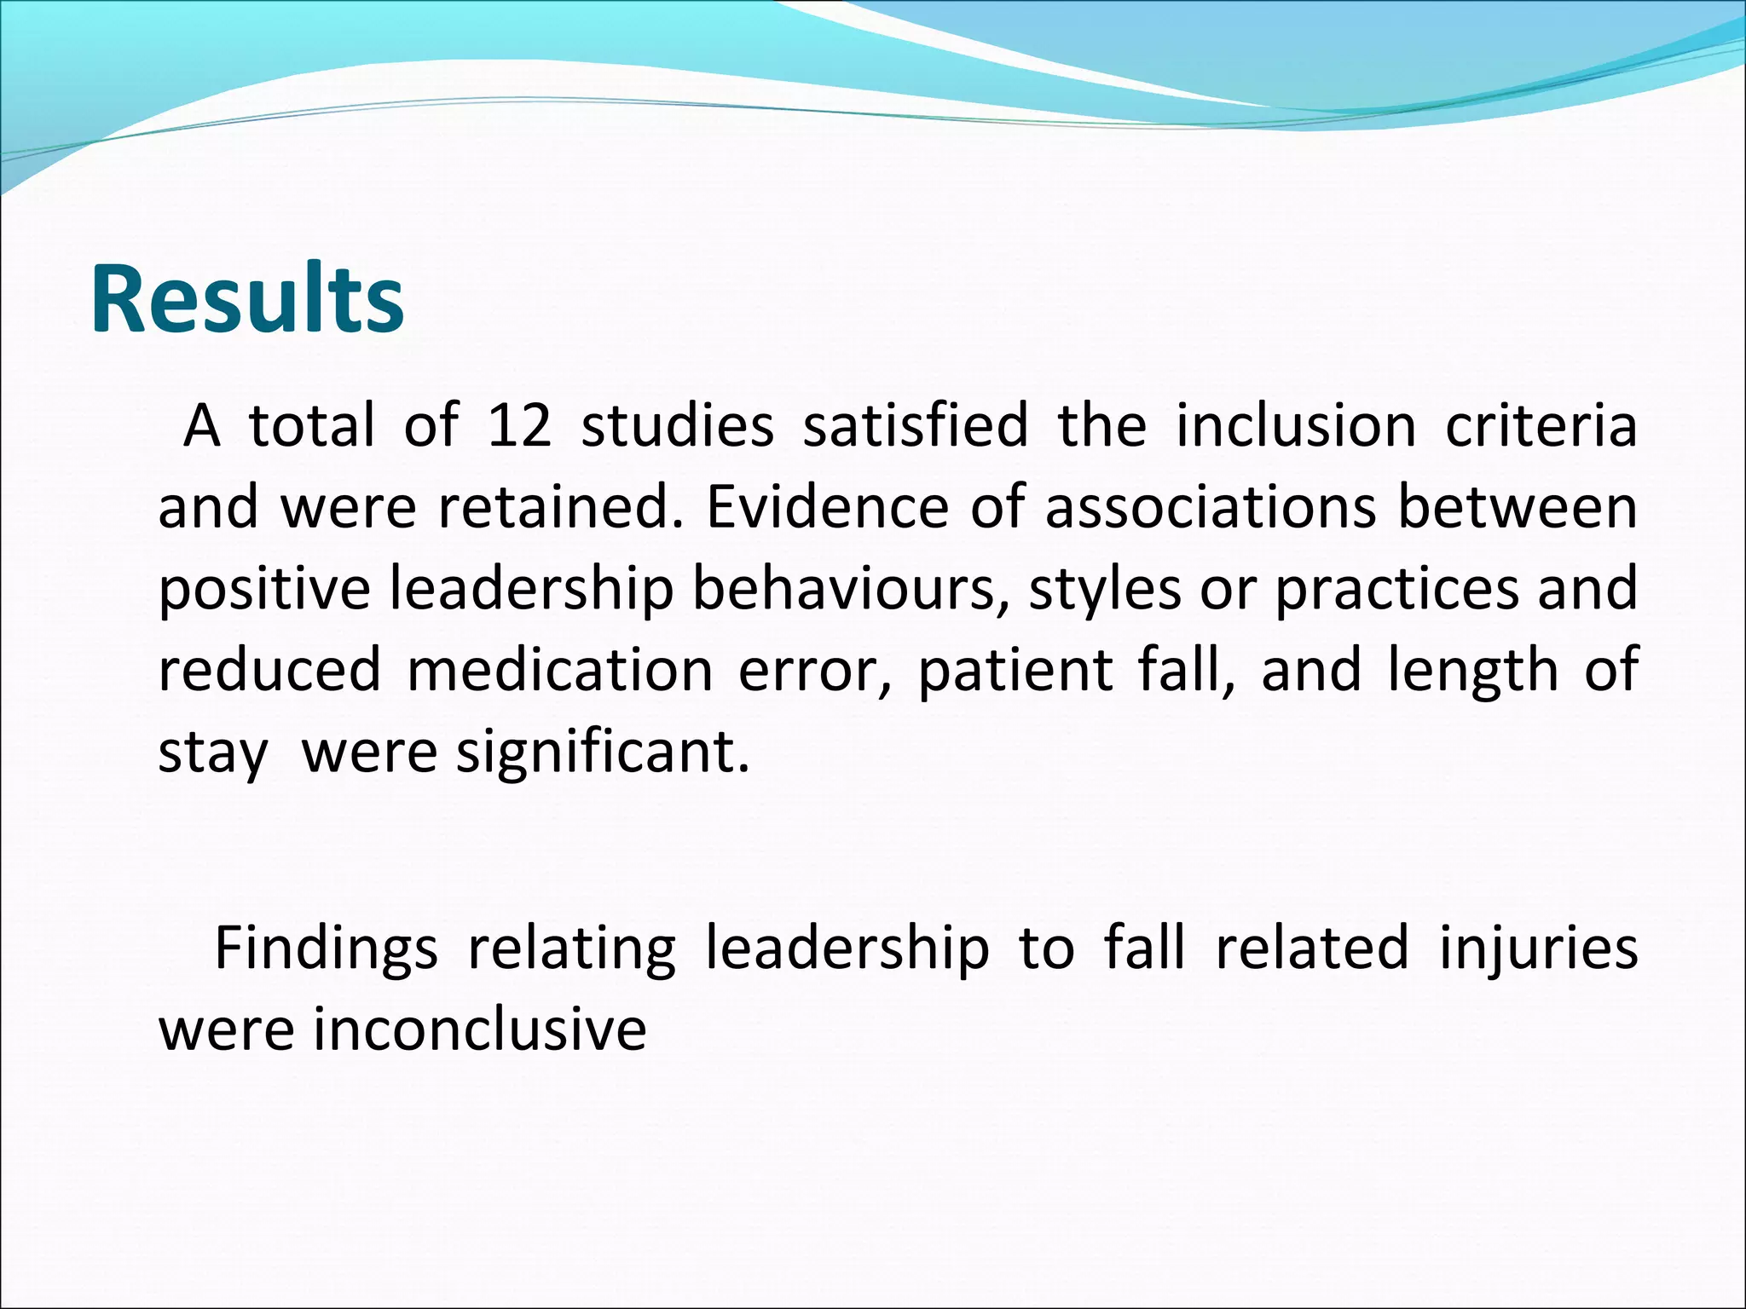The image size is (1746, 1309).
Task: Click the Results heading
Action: tap(247, 300)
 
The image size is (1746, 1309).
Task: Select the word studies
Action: tap(677, 425)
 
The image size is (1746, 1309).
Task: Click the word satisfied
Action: tap(915, 425)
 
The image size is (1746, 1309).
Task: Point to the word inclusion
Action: tap(1296, 425)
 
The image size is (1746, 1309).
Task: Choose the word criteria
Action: tap(1541, 425)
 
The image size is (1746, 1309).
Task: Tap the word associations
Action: tap(1211, 507)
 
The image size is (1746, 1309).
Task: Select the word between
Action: tap(1518, 507)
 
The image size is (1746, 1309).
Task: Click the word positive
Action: tap(264, 590)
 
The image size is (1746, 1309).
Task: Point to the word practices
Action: tap(1396, 590)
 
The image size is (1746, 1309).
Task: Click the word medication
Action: tap(560, 670)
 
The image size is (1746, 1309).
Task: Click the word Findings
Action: tap(326, 949)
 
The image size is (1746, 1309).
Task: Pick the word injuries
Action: tap(1539, 949)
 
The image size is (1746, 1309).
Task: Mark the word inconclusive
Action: tap(480, 1029)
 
